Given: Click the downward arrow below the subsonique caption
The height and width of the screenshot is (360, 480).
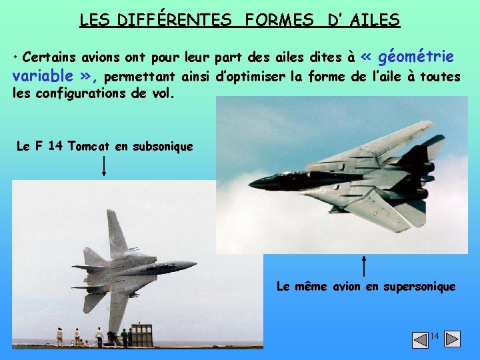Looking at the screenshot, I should click(x=104, y=166).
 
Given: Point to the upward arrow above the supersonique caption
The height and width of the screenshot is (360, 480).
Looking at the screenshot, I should click(x=364, y=265).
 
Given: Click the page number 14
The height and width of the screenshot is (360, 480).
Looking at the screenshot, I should click(x=434, y=337).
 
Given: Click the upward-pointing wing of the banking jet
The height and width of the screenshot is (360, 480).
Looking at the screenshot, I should click(x=116, y=230).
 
